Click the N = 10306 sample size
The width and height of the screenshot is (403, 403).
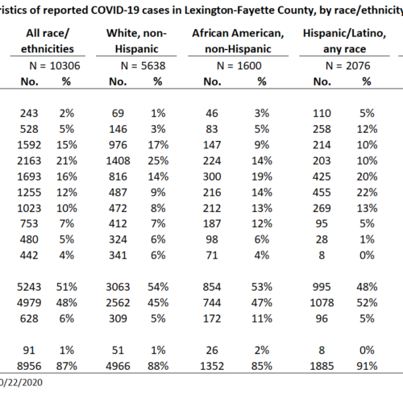tap(55, 66)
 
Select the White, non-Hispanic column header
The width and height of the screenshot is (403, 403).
tap(136, 41)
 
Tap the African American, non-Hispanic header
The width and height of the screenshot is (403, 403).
tap(238, 41)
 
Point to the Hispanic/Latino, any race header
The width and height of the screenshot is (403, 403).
tap(344, 41)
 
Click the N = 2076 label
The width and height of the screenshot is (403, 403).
tap(347, 66)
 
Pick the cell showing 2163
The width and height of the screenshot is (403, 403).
tap(29, 161)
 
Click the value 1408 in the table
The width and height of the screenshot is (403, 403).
tap(118, 161)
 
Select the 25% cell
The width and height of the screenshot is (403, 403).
tap(158, 161)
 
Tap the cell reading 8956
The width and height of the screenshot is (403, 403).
tap(29, 366)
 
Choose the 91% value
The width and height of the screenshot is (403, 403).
tap(367, 366)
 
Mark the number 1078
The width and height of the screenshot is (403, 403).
tap(322, 303)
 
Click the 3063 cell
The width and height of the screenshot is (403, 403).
tap(118, 287)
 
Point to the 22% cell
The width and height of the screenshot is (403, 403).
tap(367, 193)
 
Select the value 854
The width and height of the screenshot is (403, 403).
tap(212, 287)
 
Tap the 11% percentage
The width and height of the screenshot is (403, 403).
tap(262, 319)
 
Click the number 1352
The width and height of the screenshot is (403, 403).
tap(212, 366)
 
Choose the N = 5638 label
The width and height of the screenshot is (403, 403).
tap(143, 66)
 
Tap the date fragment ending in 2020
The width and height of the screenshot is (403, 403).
tap(21, 383)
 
